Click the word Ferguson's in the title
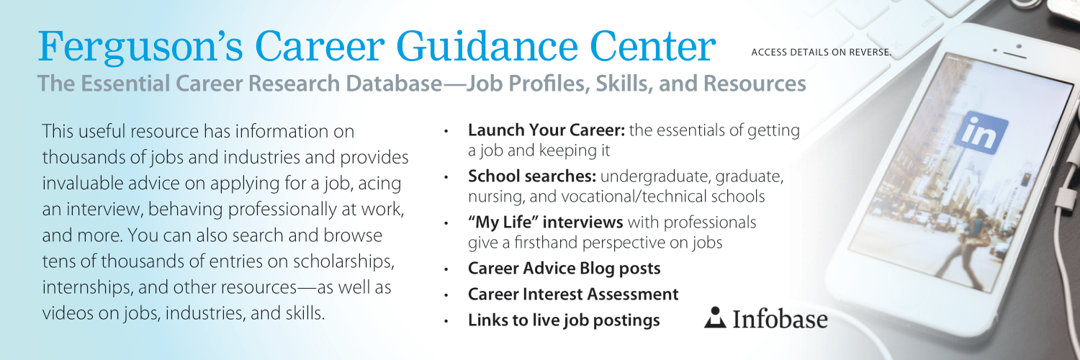(x=140, y=47)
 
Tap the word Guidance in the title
(x=487, y=47)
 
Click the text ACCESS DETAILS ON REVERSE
(x=821, y=52)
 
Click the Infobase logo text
(x=780, y=319)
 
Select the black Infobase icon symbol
(x=715, y=318)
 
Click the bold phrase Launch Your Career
(x=546, y=130)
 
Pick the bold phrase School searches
(x=532, y=176)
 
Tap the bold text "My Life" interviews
(x=545, y=222)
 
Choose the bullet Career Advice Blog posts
(x=564, y=269)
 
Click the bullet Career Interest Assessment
(x=573, y=294)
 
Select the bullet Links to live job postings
(x=564, y=320)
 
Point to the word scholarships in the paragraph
(x=343, y=261)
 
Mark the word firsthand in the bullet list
(x=546, y=243)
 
